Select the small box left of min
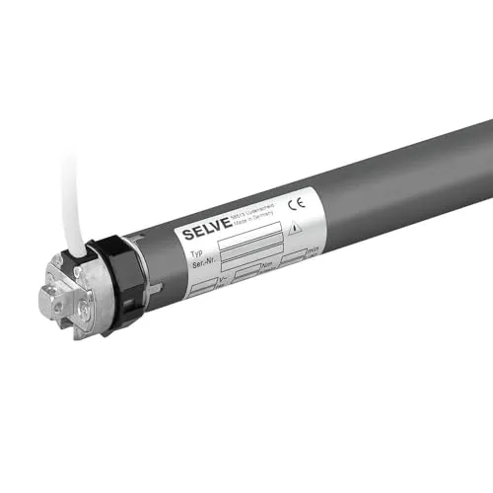(296, 258)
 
